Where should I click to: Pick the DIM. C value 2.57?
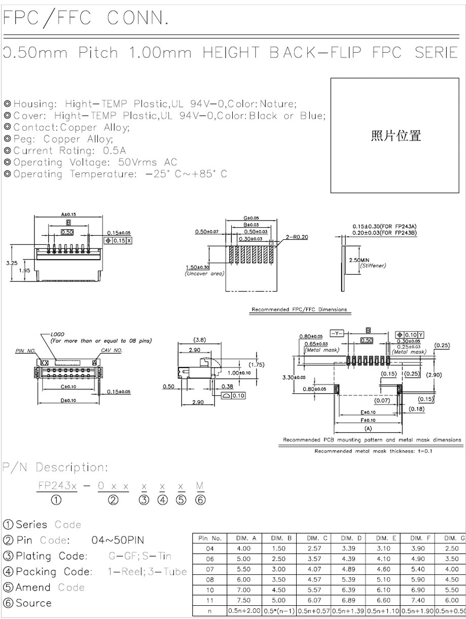314,548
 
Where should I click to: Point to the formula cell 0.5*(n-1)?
279,611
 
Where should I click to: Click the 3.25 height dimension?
11,263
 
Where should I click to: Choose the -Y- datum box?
337,333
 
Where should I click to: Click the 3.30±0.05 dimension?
294,377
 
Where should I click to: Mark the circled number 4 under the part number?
162,500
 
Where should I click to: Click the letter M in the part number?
199,486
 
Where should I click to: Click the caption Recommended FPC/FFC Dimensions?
299,309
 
